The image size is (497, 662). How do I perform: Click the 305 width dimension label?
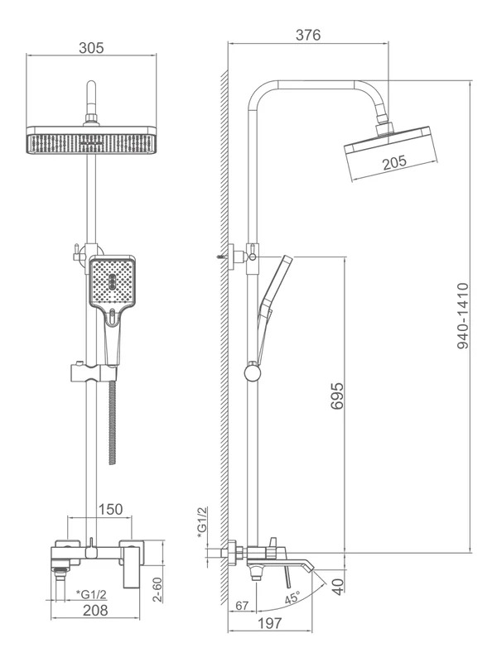pyautogui.click(x=91, y=48)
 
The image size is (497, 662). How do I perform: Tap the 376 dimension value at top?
pyautogui.click(x=308, y=35)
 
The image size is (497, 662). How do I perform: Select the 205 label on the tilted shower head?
pyautogui.click(x=394, y=162)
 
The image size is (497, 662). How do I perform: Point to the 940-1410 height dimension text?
pyautogui.click(x=463, y=316)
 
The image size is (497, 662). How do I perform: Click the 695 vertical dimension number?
pyautogui.click(x=337, y=396)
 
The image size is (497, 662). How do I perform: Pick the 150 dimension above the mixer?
pyautogui.click(x=110, y=509)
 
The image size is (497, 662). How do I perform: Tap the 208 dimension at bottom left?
pyautogui.click(x=95, y=610)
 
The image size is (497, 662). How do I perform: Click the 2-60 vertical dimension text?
pyautogui.click(x=157, y=589)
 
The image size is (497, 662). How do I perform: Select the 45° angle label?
pyautogui.click(x=292, y=597)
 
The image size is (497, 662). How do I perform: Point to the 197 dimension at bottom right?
pyautogui.click(x=270, y=623)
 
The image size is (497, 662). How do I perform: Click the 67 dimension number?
pyautogui.click(x=242, y=606)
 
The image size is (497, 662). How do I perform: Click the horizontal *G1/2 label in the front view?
pyautogui.click(x=92, y=594)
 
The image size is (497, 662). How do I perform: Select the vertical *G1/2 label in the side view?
pyautogui.click(x=202, y=523)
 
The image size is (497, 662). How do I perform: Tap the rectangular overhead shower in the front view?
pyautogui.click(x=91, y=140)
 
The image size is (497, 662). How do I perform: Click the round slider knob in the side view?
pyautogui.click(x=253, y=372)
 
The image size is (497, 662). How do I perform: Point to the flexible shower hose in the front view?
pyautogui.click(x=112, y=422)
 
